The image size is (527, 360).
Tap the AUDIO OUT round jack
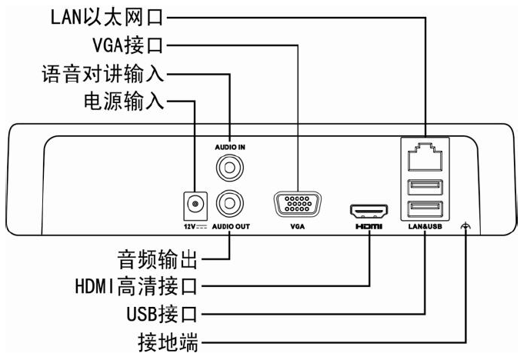click(x=228, y=203)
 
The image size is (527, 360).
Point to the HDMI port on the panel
click(x=370, y=210)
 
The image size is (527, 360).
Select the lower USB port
click(x=425, y=207)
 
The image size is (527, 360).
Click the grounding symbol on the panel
click(x=464, y=227)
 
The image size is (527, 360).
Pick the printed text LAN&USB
click(x=425, y=228)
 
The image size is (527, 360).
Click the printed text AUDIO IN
click(x=228, y=145)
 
